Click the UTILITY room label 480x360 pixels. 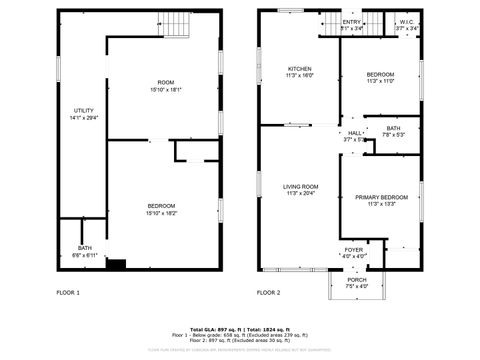(82, 110)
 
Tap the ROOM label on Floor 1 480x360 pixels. (165, 82)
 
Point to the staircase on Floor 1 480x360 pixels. (175, 23)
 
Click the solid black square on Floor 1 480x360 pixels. (116, 265)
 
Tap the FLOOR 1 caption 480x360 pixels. (68, 293)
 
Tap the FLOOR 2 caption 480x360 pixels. (268, 293)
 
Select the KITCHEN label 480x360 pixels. (300, 69)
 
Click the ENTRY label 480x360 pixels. (352, 22)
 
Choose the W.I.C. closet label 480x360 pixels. (406, 22)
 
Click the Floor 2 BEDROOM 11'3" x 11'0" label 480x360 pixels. (380, 75)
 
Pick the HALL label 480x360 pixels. (355, 132)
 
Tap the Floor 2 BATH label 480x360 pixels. (393, 128)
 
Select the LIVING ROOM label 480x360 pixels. (300, 186)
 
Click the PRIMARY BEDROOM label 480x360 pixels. (381, 197)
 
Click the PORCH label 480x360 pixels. (357, 280)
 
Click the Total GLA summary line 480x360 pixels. (240, 328)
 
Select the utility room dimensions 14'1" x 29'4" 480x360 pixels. (82, 117)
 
